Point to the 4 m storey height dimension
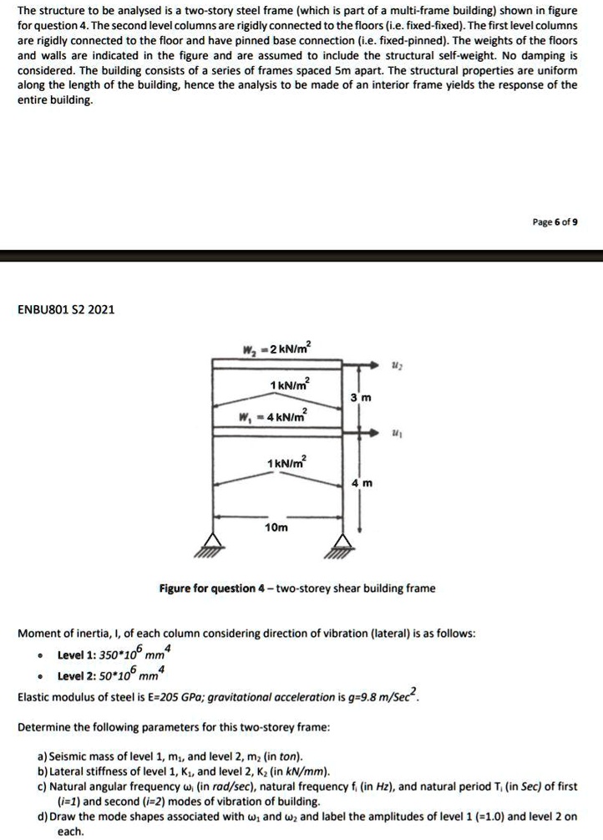(366, 482)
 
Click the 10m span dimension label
(276, 528)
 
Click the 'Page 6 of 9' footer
(555, 223)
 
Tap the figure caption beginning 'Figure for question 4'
(296, 588)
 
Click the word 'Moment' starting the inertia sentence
(38, 634)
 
